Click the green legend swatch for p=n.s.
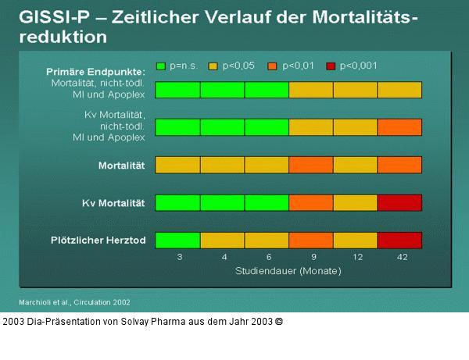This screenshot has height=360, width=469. (x=162, y=66)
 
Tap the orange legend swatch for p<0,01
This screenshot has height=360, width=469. (x=273, y=66)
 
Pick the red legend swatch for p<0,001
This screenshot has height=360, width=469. (x=330, y=66)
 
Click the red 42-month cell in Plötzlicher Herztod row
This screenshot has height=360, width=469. (x=399, y=240)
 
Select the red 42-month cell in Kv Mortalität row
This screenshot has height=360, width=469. (x=399, y=202)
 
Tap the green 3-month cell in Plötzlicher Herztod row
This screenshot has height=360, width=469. (x=177, y=240)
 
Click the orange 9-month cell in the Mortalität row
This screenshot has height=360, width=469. (x=311, y=165)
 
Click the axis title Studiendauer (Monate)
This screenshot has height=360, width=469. (x=288, y=272)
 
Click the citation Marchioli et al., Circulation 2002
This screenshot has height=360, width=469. (x=74, y=301)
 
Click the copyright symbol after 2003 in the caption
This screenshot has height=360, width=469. (x=279, y=321)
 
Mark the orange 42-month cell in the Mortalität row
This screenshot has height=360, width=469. (x=399, y=165)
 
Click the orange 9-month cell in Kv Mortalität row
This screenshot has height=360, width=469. (x=311, y=202)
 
